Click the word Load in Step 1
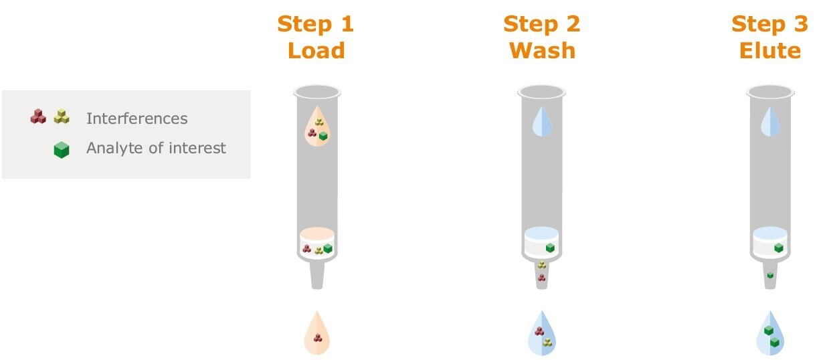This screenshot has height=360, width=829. point(316,50)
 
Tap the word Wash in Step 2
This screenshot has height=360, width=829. point(542,50)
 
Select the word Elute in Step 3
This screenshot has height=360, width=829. point(769,50)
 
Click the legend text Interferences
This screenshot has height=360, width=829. point(136,119)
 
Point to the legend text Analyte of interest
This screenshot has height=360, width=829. point(156,148)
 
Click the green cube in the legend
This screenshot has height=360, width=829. point(62,151)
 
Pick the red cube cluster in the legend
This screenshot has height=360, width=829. point(38,117)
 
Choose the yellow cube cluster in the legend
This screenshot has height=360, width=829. point(62,117)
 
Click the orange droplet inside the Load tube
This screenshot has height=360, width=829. point(317,128)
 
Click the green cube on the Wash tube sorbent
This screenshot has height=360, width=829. point(550,248)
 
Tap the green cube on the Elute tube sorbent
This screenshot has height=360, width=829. point(779,248)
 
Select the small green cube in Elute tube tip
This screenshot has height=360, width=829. point(770,275)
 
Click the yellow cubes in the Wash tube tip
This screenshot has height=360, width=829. point(542,265)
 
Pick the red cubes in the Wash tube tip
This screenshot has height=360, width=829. point(542,277)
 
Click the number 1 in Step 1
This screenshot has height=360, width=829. point(345,25)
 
